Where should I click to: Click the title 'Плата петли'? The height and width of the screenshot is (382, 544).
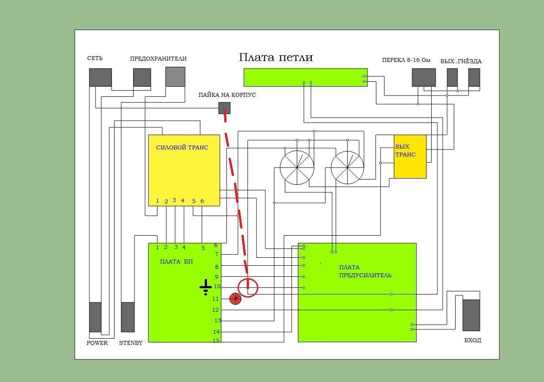pyautogui.click(x=276, y=57)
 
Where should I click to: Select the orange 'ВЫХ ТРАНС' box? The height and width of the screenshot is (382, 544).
pyautogui.click(x=410, y=157)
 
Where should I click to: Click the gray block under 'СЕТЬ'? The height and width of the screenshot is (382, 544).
pyautogui.click(x=100, y=77)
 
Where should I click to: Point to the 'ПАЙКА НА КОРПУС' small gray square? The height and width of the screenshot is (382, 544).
pyautogui.click(x=225, y=107)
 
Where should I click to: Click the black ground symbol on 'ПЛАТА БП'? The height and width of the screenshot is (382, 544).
pyautogui.click(x=206, y=287)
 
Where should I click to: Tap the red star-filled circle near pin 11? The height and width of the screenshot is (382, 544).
pyautogui.click(x=235, y=299)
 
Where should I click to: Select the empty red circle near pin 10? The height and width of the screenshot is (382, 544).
pyautogui.click(x=248, y=288)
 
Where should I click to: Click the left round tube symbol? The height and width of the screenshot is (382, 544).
pyautogui.click(x=297, y=168)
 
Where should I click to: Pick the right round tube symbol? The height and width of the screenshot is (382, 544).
pyautogui.click(x=348, y=168)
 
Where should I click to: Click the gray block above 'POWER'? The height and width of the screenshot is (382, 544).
pyautogui.click(x=96, y=317)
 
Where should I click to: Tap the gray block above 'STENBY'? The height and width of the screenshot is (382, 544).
pyautogui.click(x=128, y=317)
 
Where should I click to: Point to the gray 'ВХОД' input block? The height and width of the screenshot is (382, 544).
pyautogui.click(x=471, y=315)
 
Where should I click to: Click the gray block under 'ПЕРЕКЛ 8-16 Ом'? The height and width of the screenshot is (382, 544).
pyautogui.click(x=424, y=77)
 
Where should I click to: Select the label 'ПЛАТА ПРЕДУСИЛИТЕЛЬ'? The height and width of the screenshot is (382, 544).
pyautogui.click(x=365, y=271)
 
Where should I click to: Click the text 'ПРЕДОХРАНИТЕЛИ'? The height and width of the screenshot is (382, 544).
pyautogui.click(x=158, y=58)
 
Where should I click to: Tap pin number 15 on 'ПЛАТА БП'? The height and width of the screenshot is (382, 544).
pyautogui.click(x=216, y=340)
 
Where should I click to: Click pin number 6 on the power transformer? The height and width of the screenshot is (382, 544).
pyautogui.click(x=202, y=201)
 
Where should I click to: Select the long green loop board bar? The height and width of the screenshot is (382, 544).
pyautogui.click(x=305, y=77)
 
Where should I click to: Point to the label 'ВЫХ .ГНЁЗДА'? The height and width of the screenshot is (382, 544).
pyautogui.click(x=461, y=61)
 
